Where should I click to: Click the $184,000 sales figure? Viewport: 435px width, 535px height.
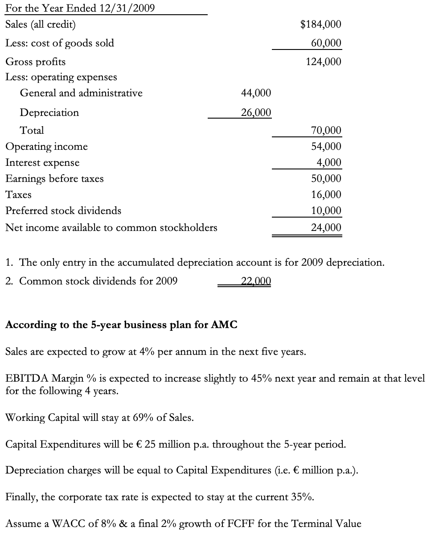pos(321,25)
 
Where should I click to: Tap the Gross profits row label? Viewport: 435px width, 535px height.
pos(35,62)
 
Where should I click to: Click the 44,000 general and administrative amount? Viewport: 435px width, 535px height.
pos(255,93)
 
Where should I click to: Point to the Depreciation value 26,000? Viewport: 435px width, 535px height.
pos(255,112)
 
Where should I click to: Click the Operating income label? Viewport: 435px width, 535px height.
pos(46,147)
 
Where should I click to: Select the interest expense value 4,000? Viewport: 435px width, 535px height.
pos(329,163)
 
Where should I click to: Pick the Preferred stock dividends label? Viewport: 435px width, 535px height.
pos(63,210)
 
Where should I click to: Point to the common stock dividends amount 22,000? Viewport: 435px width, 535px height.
pos(255,281)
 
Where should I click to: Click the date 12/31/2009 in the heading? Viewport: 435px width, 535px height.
pos(122,8)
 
